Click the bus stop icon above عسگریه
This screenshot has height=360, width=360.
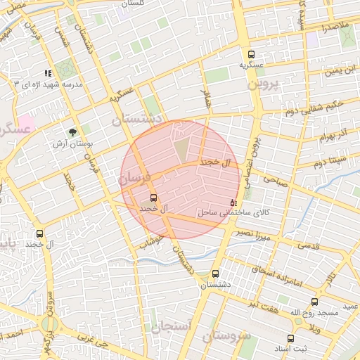(251, 54)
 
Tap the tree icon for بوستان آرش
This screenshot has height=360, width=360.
(72, 132)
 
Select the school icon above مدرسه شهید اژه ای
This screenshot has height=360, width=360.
(49, 73)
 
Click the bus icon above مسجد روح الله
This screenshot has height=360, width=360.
(314, 302)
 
